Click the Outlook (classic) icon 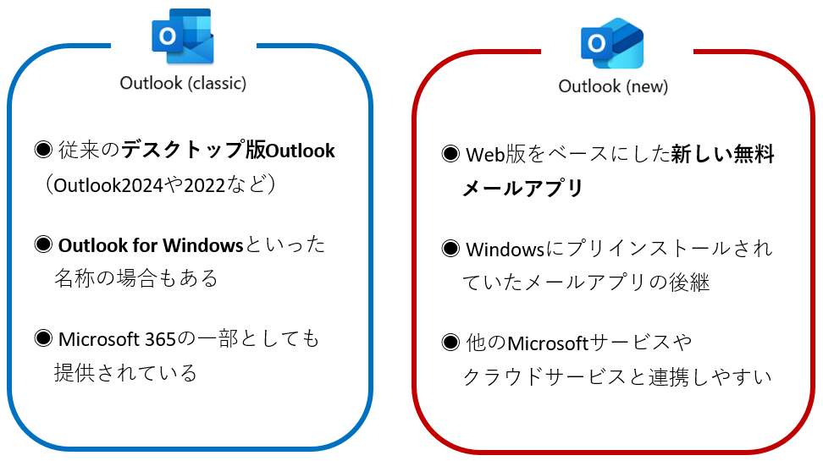click(182, 36)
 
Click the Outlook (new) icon click(612, 43)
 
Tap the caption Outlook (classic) click(183, 84)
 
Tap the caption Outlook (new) click(613, 87)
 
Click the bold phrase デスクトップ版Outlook click(228, 151)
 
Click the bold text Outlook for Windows click(151, 246)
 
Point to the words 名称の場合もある click(136, 277)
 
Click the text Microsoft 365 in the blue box click(116, 340)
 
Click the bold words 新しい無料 click(722, 155)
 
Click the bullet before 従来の click(44, 151)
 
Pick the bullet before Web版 click(451, 154)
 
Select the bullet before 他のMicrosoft click(451, 343)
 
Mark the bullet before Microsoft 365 click(44, 339)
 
